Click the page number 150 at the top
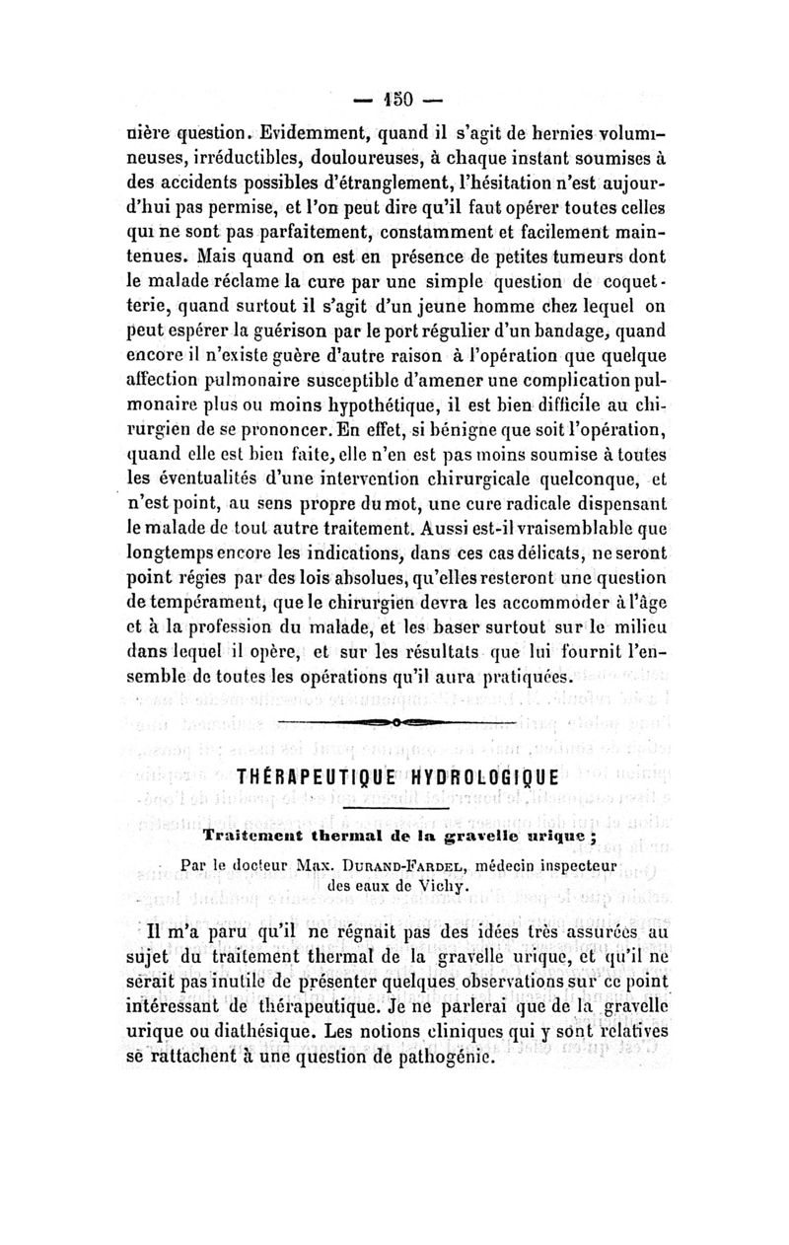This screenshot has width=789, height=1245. (394, 100)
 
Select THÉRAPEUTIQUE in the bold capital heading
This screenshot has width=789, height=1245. (313, 775)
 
